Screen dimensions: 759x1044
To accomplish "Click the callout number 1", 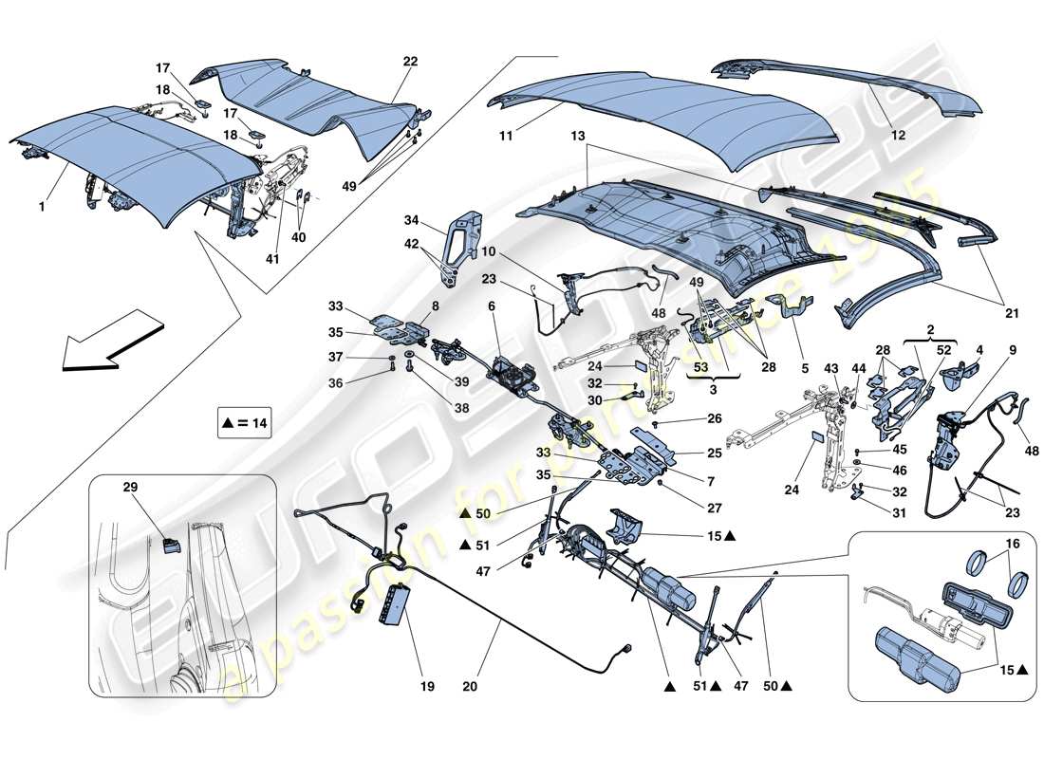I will (x=42, y=177).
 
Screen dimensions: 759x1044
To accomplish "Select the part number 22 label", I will (x=411, y=62).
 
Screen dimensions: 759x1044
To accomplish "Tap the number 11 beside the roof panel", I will (x=507, y=137).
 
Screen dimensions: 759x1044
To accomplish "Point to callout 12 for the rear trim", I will (x=898, y=136).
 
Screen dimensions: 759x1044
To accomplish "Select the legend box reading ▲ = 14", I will (x=243, y=426).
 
